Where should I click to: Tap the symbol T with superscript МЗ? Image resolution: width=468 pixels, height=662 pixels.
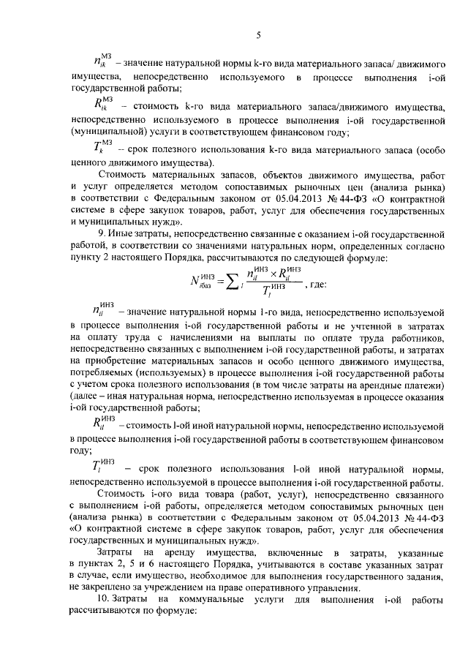click(x=101, y=147)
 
